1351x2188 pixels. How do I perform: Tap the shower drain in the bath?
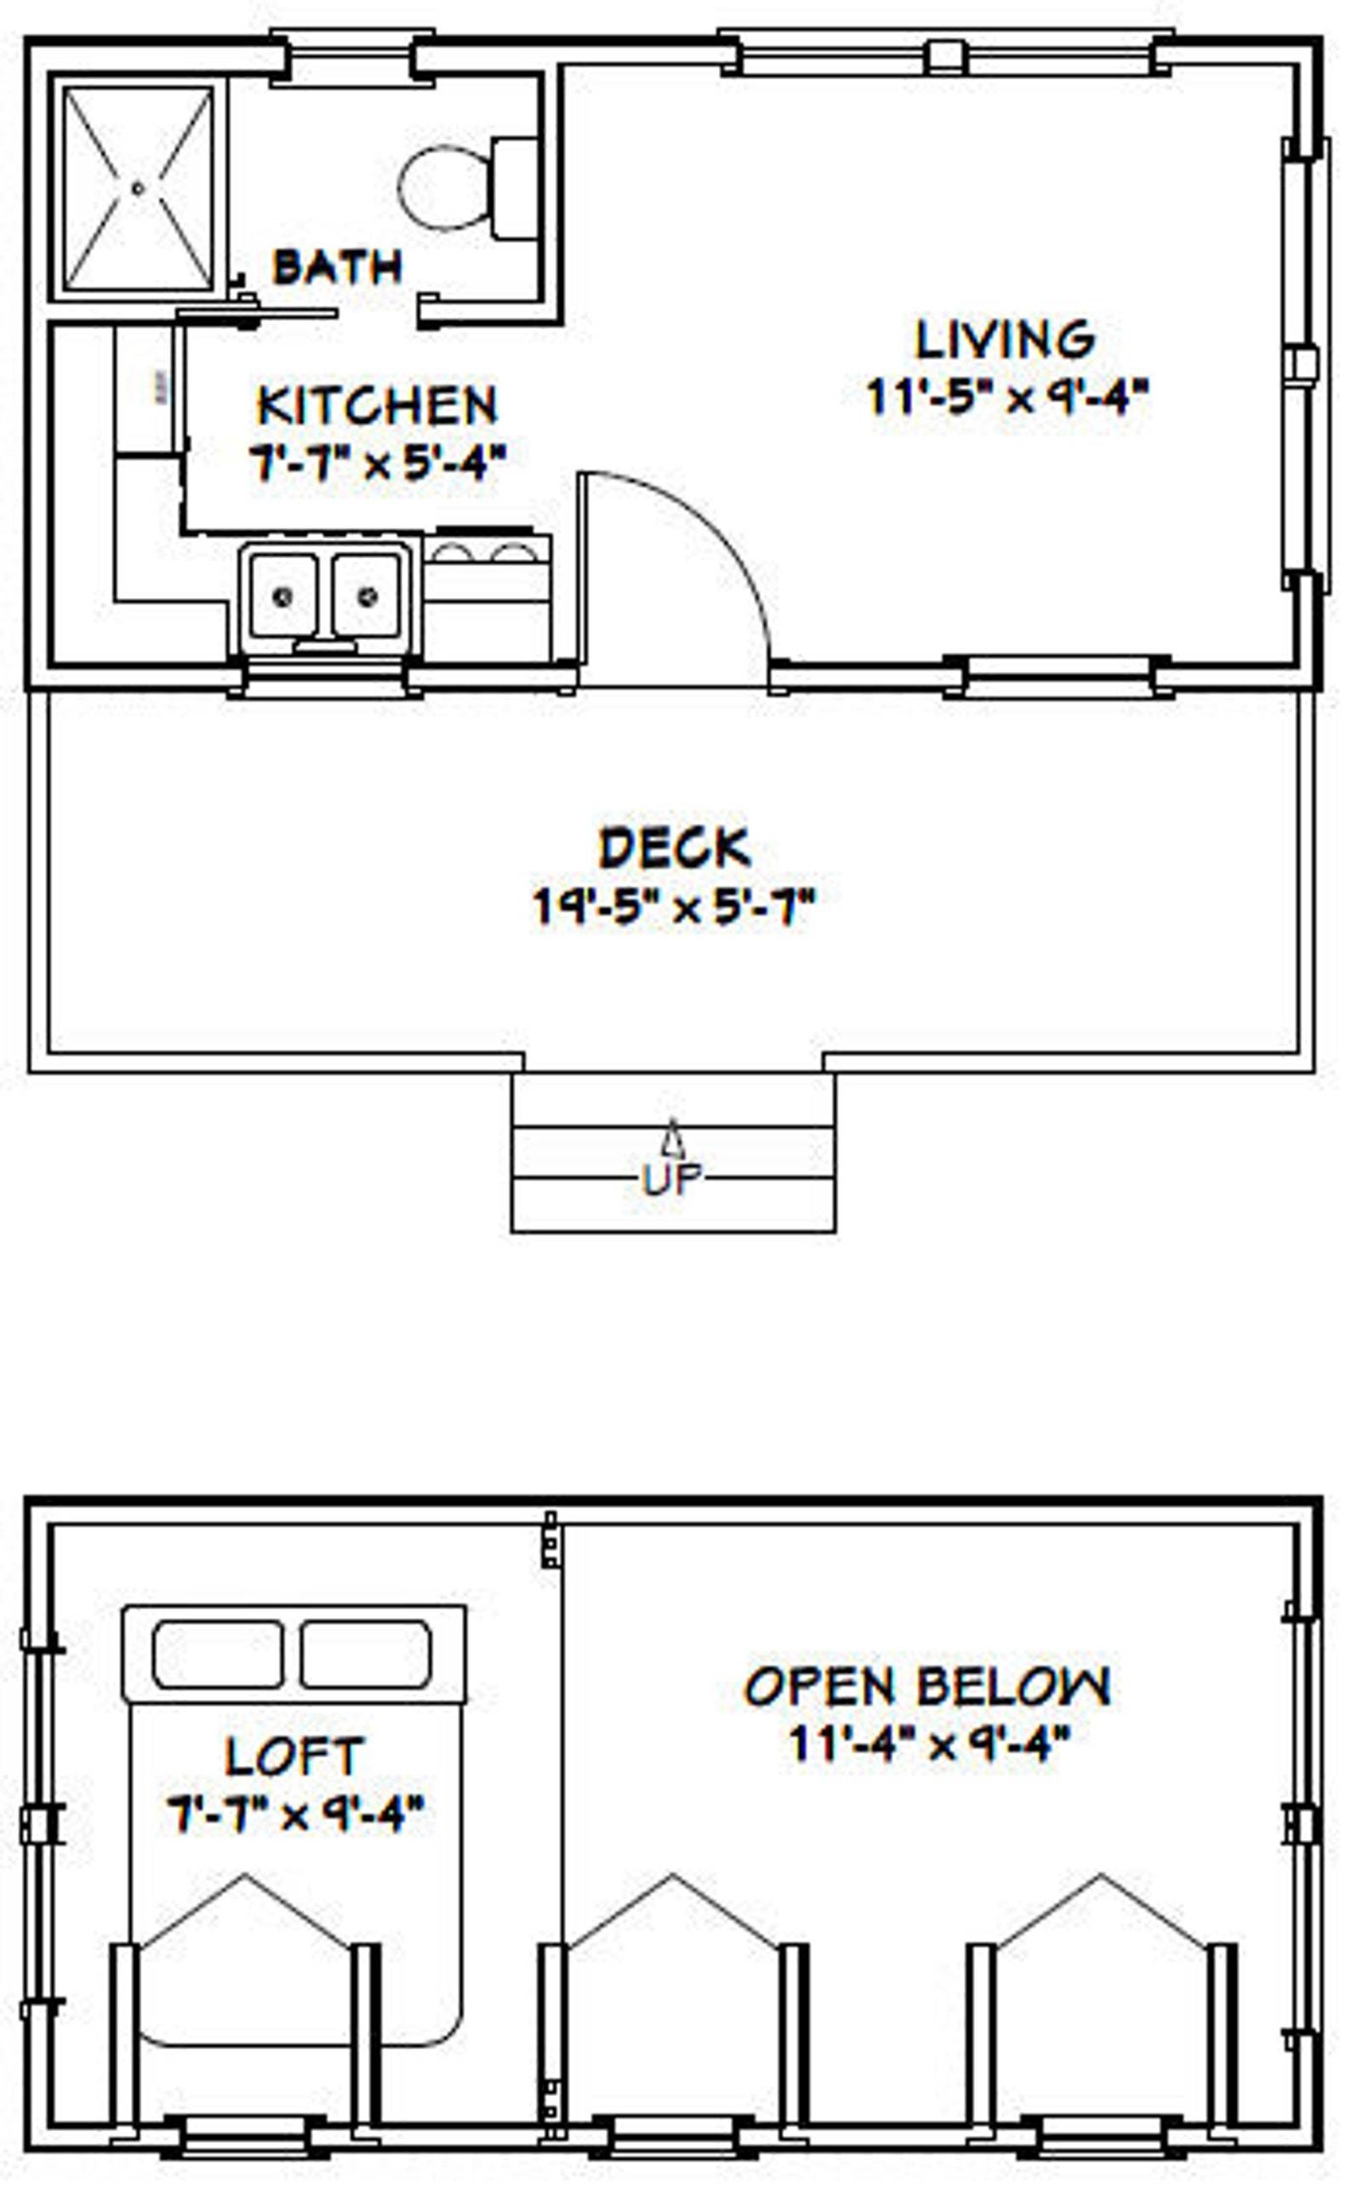pos(138,189)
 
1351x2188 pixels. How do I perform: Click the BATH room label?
pos(337,267)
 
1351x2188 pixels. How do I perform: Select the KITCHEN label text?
pos(376,406)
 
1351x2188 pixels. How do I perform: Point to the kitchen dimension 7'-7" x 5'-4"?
pos(376,463)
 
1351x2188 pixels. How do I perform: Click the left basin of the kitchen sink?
pos(282,595)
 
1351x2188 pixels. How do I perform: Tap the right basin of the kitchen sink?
pos(367,595)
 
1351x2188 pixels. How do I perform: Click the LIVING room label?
pos(1006,339)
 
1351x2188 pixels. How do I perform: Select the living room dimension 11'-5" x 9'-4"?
pos(1007,396)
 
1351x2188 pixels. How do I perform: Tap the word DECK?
pos(675,848)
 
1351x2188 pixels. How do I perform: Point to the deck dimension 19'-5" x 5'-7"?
pos(675,906)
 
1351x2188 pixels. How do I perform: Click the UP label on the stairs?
pos(673,1180)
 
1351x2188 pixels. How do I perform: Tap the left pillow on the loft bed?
pos(218,1655)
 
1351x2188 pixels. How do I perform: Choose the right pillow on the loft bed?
pos(366,1655)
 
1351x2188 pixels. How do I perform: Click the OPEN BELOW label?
pos(927,1687)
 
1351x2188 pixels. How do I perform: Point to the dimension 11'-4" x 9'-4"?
pos(929,1743)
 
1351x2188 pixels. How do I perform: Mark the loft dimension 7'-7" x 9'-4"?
pos(295,1814)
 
